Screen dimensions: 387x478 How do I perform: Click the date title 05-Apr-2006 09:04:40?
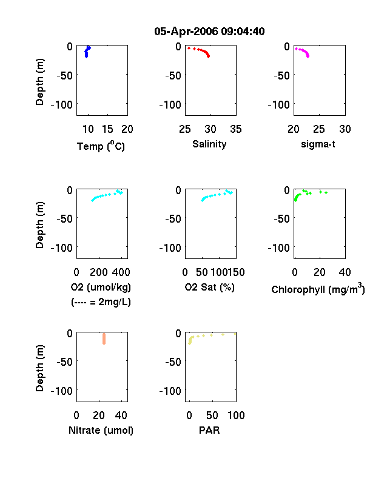(x=209, y=32)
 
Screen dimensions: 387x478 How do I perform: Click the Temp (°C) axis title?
(x=101, y=146)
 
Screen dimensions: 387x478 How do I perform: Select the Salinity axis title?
(x=209, y=144)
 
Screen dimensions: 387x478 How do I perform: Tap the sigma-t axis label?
(x=318, y=144)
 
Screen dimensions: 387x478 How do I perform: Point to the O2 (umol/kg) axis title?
(x=101, y=287)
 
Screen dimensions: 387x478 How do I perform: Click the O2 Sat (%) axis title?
(x=210, y=287)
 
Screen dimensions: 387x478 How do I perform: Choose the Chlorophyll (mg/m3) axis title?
(x=318, y=288)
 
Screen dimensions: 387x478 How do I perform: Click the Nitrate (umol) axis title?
(x=101, y=430)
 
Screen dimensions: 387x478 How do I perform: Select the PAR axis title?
(x=209, y=430)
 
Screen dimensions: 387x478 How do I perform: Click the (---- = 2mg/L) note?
(x=101, y=302)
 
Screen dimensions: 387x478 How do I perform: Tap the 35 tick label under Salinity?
(x=236, y=129)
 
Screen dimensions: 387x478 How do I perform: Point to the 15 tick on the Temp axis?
(x=107, y=129)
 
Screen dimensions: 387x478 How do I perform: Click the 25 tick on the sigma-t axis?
(x=319, y=129)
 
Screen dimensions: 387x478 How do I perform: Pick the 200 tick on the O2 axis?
(x=99, y=272)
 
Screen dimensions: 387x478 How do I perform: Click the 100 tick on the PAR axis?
(x=236, y=415)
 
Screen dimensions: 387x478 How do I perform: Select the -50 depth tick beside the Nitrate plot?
(x=65, y=362)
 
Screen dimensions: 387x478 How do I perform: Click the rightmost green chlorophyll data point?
(x=326, y=193)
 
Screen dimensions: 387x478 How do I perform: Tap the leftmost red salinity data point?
(x=189, y=48)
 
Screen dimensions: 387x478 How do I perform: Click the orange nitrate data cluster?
(x=104, y=338)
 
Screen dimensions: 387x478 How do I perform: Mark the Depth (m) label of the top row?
(x=39, y=82)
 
